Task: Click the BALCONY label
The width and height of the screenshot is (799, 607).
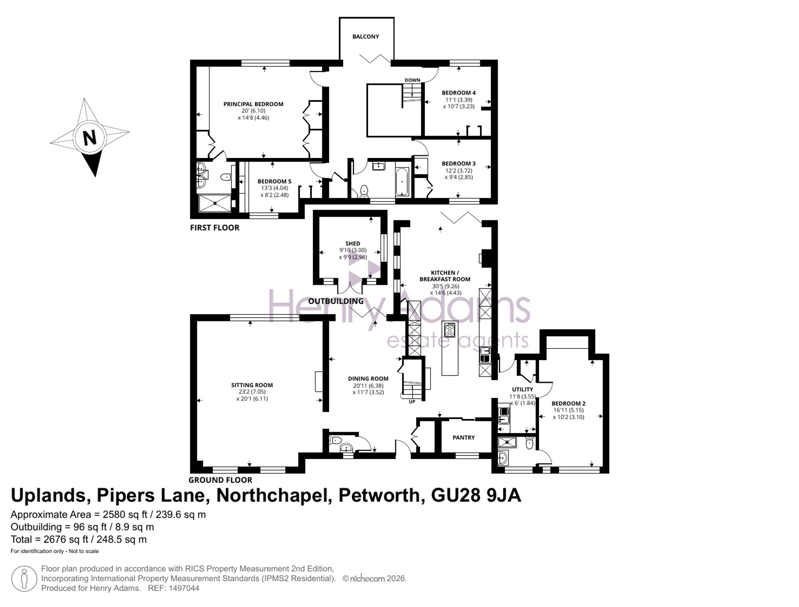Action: pyautogui.click(x=366, y=37)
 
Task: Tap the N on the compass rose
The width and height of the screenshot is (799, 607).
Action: pyautogui.click(x=89, y=138)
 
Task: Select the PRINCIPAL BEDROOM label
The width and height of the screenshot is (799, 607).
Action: pyautogui.click(x=253, y=104)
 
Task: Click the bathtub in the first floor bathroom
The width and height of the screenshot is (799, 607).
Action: pyautogui.click(x=402, y=182)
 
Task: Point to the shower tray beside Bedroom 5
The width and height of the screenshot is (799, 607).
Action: pyautogui.click(x=215, y=203)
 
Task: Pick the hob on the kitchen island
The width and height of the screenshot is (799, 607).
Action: pyautogui.click(x=450, y=330)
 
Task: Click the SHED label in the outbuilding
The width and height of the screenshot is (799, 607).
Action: pyautogui.click(x=353, y=243)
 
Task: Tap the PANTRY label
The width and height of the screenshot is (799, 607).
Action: pyautogui.click(x=464, y=437)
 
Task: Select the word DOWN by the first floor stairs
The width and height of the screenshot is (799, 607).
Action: pyautogui.click(x=412, y=80)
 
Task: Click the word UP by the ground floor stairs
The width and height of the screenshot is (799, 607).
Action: pyautogui.click(x=412, y=402)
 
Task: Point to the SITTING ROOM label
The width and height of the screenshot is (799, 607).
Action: pyautogui.click(x=252, y=385)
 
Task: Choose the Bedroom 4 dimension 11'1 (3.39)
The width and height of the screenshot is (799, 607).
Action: pyautogui.click(x=459, y=100)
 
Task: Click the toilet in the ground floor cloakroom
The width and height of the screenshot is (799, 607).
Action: pyautogui.click(x=335, y=440)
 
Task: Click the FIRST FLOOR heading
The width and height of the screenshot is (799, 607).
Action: pyautogui.click(x=215, y=228)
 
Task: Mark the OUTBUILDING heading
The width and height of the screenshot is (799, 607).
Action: pyautogui.click(x=336, y=301)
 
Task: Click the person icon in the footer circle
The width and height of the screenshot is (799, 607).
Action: pyautogui.click(x=24, y=579)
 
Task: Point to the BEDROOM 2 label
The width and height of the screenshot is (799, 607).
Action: pyautogui.click(x=568, y=403)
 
